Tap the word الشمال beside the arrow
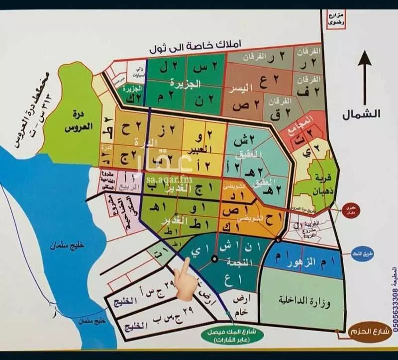pos(361,114)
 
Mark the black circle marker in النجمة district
pos(214,259)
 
